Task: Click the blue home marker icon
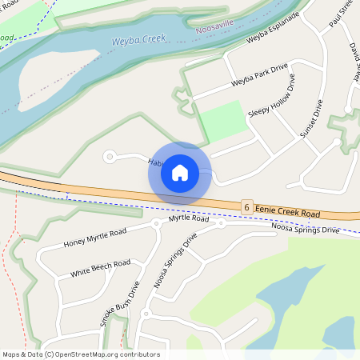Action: (180, 173)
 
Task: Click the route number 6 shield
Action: (247, 206)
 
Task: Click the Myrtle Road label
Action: (189, 218)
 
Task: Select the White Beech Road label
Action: (100, 268)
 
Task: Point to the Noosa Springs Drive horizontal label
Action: (305, 230)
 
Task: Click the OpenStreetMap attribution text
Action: (80, 354)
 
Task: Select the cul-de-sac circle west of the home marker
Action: (110, 157)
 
